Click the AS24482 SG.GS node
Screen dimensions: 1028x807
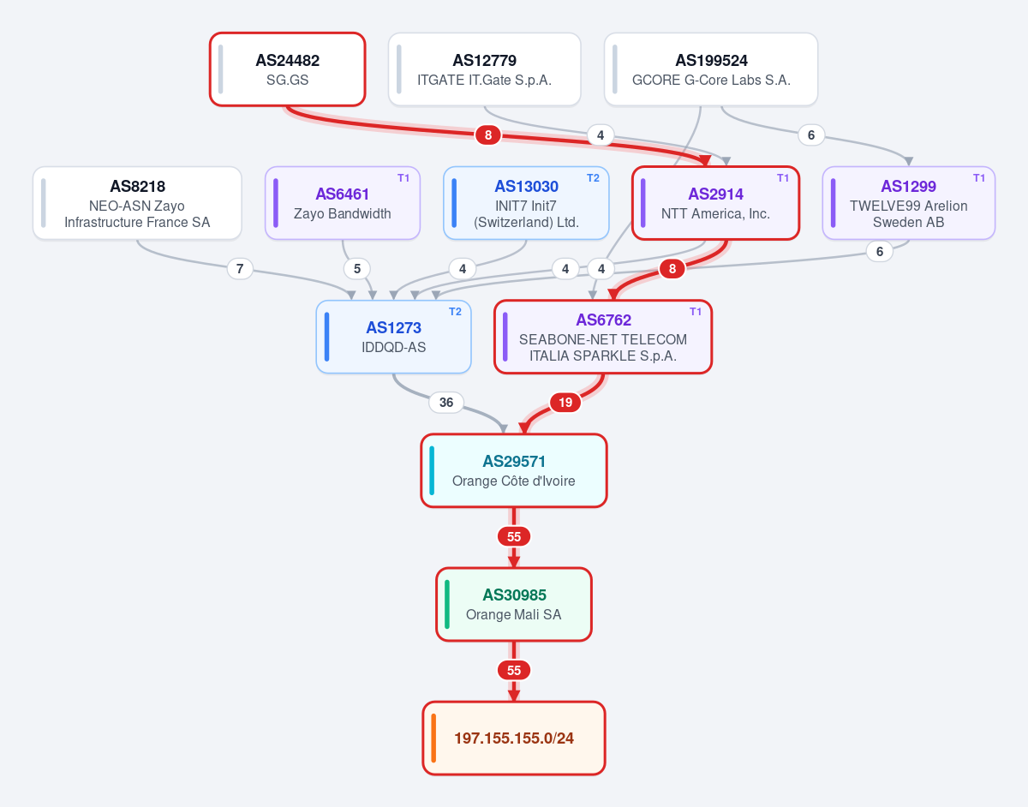(287, 69)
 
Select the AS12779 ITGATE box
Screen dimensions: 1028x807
(484, 69)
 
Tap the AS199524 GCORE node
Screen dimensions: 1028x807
(711, 69)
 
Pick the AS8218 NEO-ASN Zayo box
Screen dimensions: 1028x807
(137, 203)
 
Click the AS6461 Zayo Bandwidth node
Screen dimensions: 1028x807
(343, 203)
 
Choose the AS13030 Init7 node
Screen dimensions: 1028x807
(526, 203)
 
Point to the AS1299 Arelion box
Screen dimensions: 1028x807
(908, 203)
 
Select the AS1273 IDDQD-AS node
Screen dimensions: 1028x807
(393, 337)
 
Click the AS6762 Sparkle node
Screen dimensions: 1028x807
(603, 337)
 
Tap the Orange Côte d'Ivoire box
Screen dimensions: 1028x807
(514, 470)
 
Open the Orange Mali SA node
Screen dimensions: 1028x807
(514, 605)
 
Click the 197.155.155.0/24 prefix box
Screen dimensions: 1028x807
(514, 738)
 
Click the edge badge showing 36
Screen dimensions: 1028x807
(446, 403)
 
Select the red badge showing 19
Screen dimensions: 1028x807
(565, 403)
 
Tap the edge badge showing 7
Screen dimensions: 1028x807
(240, 269)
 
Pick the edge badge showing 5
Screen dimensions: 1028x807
(357, 269)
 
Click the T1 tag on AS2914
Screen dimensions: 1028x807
(783, 178)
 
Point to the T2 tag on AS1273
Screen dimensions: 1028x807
(455, 312)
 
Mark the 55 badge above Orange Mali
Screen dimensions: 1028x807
(514, 536)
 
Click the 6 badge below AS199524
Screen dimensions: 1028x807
(811, 135)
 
